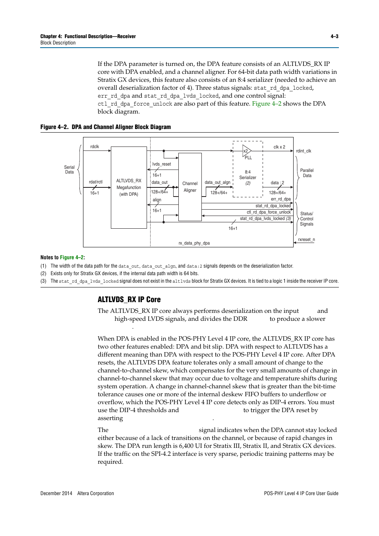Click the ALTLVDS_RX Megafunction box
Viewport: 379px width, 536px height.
point(129,187)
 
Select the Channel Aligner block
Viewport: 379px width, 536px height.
point(190,187)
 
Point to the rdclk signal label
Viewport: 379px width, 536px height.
point(95,147)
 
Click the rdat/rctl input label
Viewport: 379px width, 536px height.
point(96,182)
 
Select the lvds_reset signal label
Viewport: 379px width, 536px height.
point(161,164)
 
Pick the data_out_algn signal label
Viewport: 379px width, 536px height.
point(217,182)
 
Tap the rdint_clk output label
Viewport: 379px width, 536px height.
point(304,151)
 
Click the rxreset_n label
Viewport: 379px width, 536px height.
point(306,239)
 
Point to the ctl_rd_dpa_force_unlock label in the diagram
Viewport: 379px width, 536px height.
point(269,212)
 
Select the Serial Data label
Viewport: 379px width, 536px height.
point(70,170)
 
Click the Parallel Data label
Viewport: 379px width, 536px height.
point(307,173)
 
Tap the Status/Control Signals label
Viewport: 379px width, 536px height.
point(307,219)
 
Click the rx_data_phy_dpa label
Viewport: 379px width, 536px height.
point(194,243)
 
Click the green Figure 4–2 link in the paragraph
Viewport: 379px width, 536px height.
point(267,104)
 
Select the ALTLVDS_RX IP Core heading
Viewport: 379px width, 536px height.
point(129,299)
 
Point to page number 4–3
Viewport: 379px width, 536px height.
point(334,36)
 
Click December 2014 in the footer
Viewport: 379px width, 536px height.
point(56,493)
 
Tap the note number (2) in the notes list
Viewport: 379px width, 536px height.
point(43,273)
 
